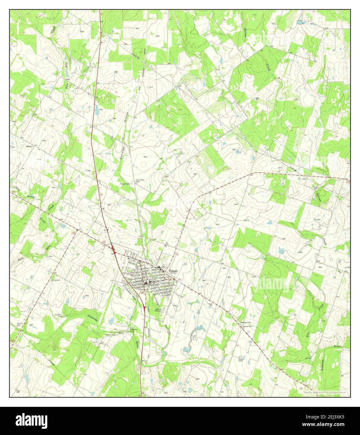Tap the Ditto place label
tap(29, 146)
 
